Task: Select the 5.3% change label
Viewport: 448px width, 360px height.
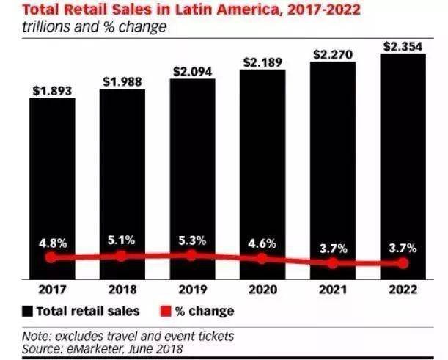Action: (192, 240)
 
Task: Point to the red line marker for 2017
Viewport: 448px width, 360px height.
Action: (51, 257)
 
